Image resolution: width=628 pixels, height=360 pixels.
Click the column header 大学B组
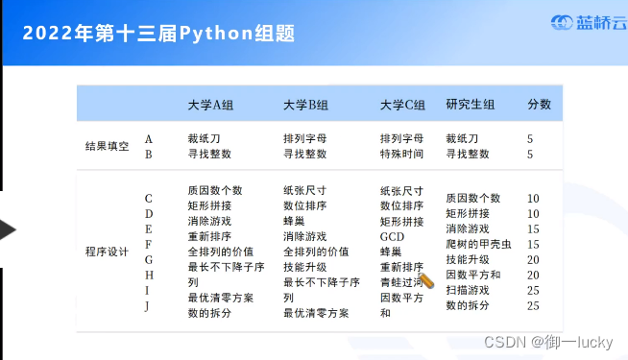[306, 105]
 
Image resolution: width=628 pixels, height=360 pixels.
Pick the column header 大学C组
[402, 105]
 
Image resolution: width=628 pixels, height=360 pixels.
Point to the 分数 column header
[539, 105]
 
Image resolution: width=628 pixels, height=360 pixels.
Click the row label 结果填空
[107, 146]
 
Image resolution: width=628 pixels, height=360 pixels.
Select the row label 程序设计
[107, 252]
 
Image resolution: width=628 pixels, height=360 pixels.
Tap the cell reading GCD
[393, 236]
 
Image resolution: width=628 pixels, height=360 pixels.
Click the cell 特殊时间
[402, 154]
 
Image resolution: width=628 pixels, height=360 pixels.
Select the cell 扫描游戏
[468, 290]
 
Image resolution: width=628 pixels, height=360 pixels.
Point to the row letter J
[148, 305]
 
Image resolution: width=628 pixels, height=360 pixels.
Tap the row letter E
[148, 228]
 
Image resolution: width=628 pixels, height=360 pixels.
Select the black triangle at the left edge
[7, 229]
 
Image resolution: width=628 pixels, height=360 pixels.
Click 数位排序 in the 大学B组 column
[306, 205]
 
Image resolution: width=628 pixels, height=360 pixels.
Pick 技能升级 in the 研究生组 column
[468, 259]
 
